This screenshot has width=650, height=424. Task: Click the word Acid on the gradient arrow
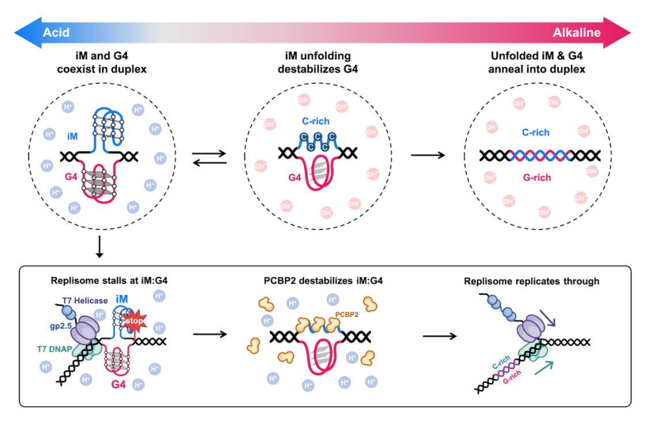point(56,32)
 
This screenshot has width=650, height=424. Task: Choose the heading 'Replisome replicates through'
point(532,281)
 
